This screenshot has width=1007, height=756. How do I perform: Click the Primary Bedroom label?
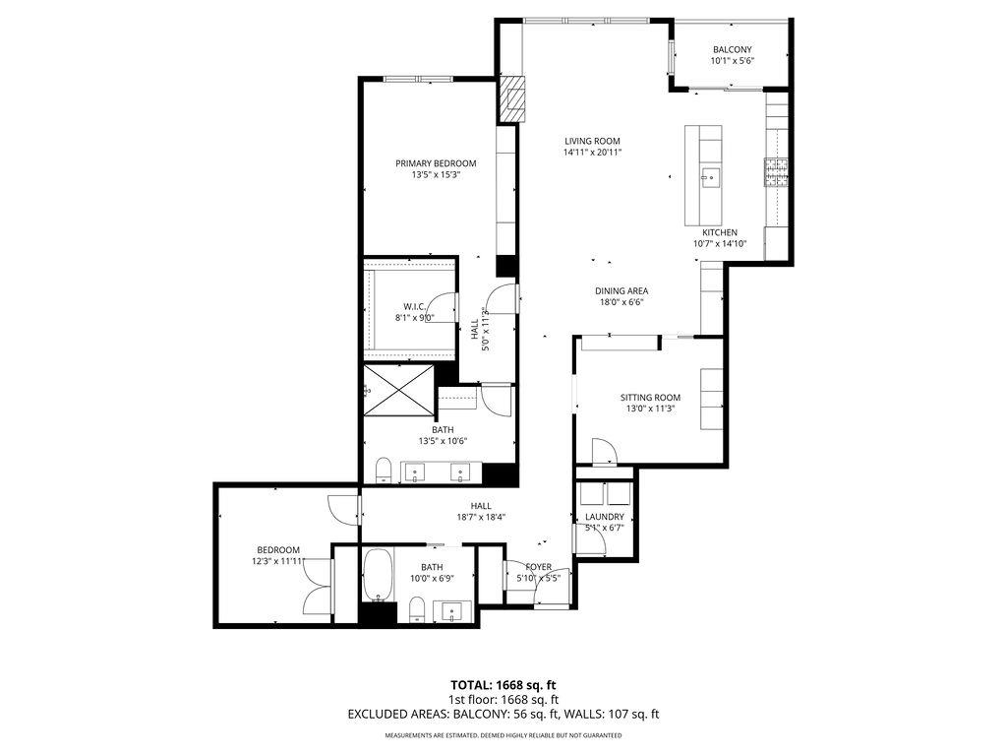click(x=436, y=163)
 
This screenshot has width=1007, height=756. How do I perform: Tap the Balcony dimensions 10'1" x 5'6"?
click(x=732, y=61)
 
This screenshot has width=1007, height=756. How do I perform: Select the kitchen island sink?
click(x=710, y=178)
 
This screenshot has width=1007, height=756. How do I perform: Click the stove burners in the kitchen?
click(x=777, y=172)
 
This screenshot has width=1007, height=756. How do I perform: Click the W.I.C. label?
click(x=414, y=306)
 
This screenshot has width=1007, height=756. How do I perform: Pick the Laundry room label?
click(x=605, y=517)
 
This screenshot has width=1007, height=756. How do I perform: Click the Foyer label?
click(x=538, y=567)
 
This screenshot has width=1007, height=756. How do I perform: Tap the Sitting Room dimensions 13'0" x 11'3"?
click(x=651, y=409)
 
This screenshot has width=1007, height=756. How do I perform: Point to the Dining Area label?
click(x=622, y=290)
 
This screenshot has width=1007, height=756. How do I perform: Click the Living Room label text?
click(x=592, y=141)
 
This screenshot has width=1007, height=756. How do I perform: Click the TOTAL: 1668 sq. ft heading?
click(x=503, y=684)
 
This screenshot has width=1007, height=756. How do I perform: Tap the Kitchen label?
click(x=719, y=232)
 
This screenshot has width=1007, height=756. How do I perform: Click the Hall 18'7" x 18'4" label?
click(x=481, y=506)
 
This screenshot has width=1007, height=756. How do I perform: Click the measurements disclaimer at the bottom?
click(x=503, y=735)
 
